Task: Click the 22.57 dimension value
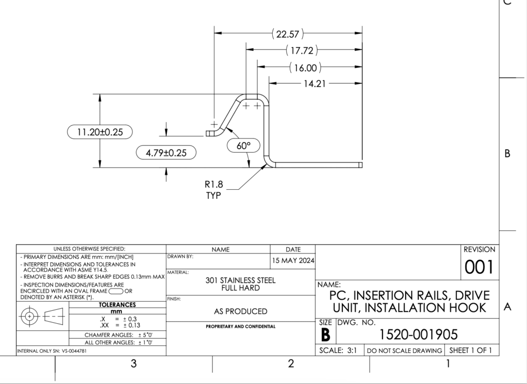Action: [x=288, y=35]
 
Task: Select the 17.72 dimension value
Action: [x=301, y=51]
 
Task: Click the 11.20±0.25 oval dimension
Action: [x=100, y=132]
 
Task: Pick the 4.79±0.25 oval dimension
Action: [x=166, y=153]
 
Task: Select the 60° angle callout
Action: [x=243, y=146]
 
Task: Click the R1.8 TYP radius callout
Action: [x=214, y=189]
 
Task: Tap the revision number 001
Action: [x=479, y=267]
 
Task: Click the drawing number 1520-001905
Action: [x=418, y=335]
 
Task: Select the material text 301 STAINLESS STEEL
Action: [x=240, y=280]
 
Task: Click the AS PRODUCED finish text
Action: [x=240, y=311]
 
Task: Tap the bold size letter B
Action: [x=325, y=335]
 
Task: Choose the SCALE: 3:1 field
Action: [x=339, y=350]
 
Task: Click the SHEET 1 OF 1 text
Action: [x=471, y=350]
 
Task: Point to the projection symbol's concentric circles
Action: [x=29, y=315]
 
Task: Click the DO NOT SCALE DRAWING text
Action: [x=404, y=350]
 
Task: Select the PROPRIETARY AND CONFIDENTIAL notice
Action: [x=240, y=326]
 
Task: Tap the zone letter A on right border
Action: [x=507, y=307]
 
